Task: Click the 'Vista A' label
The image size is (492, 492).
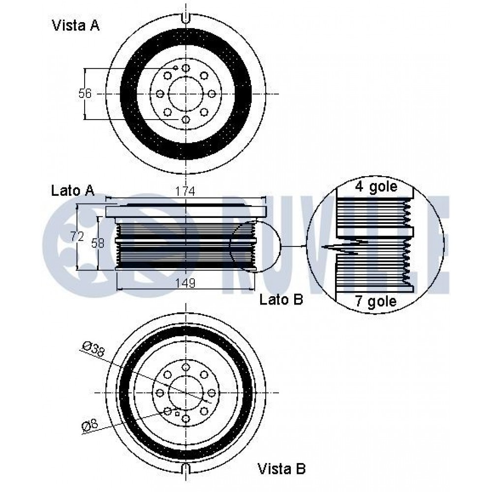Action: point(76,26)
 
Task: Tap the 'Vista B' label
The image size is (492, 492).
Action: point(281,469)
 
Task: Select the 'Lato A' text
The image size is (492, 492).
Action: point(73,191)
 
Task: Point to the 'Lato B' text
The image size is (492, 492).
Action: point(281,300)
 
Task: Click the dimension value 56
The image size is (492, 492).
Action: point(85,93)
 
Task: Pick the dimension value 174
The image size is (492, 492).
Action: point(185,191)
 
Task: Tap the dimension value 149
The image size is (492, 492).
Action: point(185,283)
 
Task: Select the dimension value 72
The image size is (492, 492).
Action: point(77,236)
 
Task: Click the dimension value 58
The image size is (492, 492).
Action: point(97,243)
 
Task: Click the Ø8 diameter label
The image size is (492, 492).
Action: point(90,426)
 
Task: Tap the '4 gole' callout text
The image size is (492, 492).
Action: point(376,187)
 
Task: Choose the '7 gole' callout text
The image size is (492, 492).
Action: point(375,301)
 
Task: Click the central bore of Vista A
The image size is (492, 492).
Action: point(186,93)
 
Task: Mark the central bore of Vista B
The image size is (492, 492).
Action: point(186,393)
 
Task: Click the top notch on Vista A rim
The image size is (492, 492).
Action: point(186,18)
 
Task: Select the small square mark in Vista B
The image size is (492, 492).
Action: point(177,414)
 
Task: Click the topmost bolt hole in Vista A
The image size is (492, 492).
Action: point(186,68)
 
